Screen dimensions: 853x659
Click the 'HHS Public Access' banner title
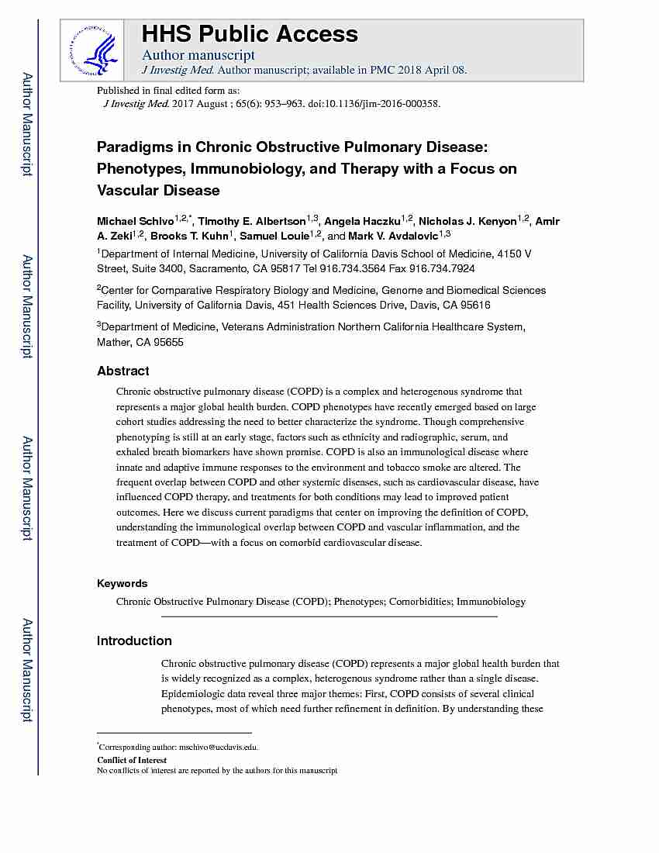(x=250, y=34)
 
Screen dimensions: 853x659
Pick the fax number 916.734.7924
(x=447, y=268)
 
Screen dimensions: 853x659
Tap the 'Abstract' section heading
(x=123, y=371)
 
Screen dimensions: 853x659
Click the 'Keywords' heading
(x=122, y=583)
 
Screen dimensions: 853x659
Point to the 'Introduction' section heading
(x=134, y=641)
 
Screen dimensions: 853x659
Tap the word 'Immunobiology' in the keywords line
(x=491, y=601)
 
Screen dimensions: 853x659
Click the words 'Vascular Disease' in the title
(x=158, y=190)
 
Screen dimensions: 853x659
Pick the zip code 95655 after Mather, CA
(x=168, y=342)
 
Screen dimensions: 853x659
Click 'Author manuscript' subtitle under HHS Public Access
(x=198, y=55)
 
